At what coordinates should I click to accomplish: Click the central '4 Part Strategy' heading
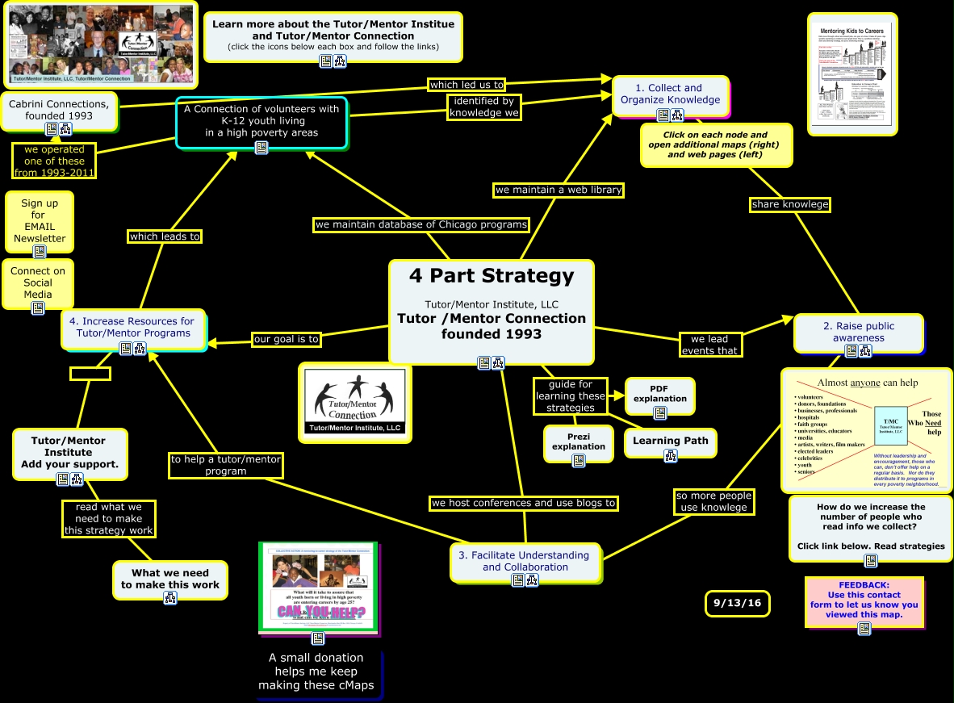click(491, 276)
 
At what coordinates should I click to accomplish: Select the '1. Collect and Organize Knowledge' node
click(670, 94)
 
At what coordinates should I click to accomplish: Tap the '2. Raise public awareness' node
click(858, 332)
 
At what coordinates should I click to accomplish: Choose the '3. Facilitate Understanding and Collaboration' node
click(525, 560)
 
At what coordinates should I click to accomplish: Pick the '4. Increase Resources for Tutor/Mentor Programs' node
click(134, 327)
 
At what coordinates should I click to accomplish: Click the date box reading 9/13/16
click(737, 603)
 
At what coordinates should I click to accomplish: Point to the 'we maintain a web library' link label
click(559, 190)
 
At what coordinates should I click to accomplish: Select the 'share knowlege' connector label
click(789, 204)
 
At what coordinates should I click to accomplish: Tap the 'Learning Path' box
click(670, 441)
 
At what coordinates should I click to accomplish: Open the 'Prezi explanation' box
click(578, 441)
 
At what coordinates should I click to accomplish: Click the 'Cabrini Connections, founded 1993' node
click(59, 110)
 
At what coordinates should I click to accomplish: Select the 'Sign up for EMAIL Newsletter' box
click(39, 220)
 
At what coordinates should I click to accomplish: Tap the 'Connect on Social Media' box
click(38, 282)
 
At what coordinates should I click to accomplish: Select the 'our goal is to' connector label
click(287, 339)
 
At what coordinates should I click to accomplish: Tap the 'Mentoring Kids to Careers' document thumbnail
click(852, 73)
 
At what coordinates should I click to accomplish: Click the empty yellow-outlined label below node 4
click(90, 374)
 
